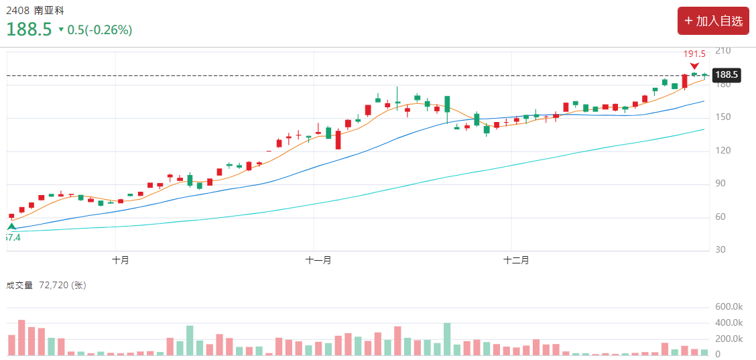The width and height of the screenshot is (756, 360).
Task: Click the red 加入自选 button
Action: click(713, 21)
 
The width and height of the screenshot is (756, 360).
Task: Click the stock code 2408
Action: click(18, 10)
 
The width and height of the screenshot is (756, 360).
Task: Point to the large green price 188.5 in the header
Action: click(29, 29)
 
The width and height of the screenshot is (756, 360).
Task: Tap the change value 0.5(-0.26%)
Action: click(99, 30)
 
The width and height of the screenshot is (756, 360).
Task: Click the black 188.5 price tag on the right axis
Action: click(727, 75)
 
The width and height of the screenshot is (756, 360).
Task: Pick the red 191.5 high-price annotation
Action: click(694, 54)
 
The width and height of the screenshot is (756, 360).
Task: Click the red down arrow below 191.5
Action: click(694, 65)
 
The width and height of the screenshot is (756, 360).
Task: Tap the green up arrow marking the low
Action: click(11, 227)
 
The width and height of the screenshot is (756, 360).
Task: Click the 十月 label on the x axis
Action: click(121, 260)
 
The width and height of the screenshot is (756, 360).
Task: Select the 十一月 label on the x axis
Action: click(318, 260)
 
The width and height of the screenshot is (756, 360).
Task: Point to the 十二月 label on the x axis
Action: click(516, 260)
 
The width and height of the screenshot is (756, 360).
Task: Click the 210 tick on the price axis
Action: click(722, 51)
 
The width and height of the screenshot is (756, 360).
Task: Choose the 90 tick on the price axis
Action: click(720, 184)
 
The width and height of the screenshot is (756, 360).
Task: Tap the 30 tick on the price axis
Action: click(720, 250)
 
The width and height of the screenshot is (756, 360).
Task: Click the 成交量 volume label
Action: click(19, 286)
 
